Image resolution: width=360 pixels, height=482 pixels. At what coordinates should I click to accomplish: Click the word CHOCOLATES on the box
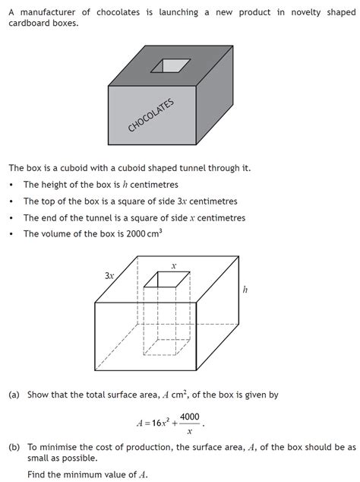click(151, 116)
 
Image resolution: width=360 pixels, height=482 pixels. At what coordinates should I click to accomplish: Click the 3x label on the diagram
click(109, 277)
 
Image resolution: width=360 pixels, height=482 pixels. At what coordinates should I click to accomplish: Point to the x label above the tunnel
click(173, 266)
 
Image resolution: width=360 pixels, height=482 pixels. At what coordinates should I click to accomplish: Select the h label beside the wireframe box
click(245, 289)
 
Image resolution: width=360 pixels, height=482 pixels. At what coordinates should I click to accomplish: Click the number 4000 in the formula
click(190, 417)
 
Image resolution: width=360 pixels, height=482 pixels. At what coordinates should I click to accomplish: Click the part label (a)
click(14, 395)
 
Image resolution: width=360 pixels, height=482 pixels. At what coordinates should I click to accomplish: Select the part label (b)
click(14, 447)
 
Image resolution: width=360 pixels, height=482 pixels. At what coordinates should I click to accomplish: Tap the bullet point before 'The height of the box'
click(11, 185)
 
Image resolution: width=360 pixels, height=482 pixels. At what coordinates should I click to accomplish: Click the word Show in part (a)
click(38, 395)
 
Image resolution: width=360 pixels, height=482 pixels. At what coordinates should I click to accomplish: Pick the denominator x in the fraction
click(190, 431)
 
